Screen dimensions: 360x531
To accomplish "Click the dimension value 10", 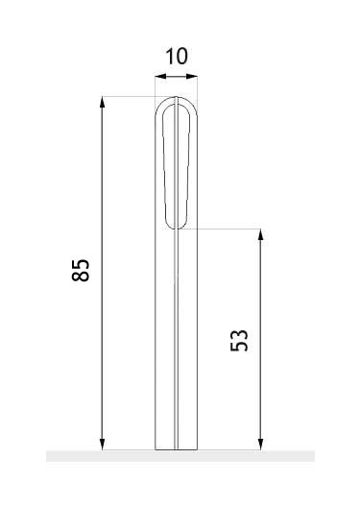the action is [x=177, y=57].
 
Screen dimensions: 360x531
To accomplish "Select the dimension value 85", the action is [x=81, y=270].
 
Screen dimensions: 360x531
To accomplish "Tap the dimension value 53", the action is [x=239, y=340].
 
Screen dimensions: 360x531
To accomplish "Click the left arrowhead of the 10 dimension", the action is [x=160, y=77].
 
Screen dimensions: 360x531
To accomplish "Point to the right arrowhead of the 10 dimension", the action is [x=192, y=77].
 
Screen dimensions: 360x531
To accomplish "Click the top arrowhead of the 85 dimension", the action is [x=103, y=102].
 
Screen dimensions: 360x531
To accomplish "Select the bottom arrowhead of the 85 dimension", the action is [x=103, y=445].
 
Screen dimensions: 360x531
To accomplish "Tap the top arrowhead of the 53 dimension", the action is [x=260, y=234].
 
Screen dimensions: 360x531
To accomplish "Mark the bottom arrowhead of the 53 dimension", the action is [x=260, y=445].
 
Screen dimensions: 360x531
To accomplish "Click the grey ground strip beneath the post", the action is [x=180, y=456].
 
